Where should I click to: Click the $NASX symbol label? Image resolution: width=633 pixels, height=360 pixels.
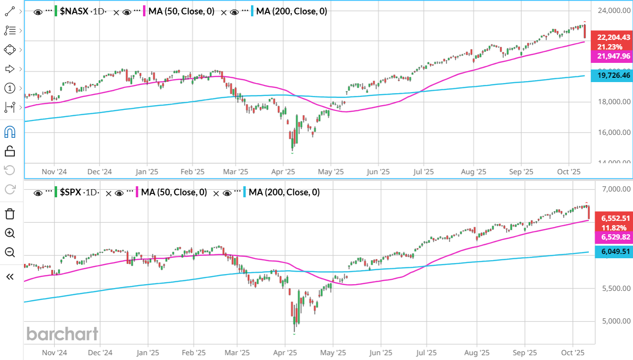click(x=74, y=12)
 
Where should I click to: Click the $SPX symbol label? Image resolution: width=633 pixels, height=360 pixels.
click(x=71, y=192)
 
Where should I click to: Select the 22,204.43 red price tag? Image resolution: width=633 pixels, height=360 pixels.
click(x=613, y=37)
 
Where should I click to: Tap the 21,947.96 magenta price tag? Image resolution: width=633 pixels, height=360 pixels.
click(x=613, y=57)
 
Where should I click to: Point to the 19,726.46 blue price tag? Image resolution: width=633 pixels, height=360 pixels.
click(x=613, y=75)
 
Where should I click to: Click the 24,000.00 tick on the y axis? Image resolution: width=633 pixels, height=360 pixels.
click(x=613, y=10)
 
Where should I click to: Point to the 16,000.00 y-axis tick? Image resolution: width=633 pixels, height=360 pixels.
click(x=613, y=132)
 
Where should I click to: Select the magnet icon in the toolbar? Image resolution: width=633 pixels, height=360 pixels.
click(x=10, y=132)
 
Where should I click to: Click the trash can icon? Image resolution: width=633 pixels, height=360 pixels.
click(x=10, y=214)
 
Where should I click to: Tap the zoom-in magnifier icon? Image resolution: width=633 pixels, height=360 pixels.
click(x=10, y=233)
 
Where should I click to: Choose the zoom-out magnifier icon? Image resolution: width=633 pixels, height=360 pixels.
click(x=10, y=252)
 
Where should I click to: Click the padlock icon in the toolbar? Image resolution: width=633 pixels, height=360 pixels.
click(x=10, y=151)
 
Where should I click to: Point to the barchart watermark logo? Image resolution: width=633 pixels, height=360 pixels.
click(x=62, y=334)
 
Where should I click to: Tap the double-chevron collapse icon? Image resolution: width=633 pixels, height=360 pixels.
click(x=10, y=276)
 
